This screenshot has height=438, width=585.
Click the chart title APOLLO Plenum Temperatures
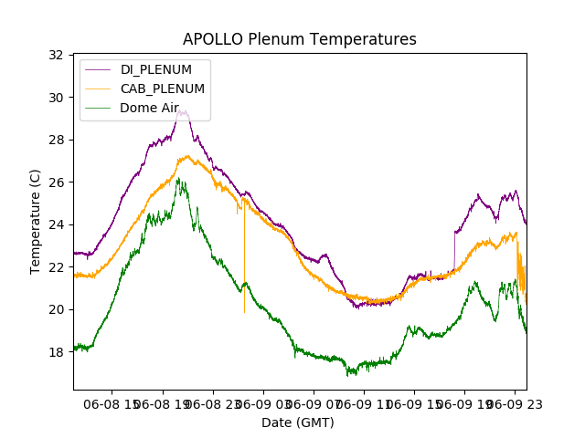299,39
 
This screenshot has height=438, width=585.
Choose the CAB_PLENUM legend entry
163,89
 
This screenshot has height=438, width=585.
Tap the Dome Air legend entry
149,108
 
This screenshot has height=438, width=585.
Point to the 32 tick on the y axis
56,55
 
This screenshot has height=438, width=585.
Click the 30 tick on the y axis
56,98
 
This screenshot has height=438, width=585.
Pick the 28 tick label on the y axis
56,140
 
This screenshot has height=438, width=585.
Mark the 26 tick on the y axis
56,182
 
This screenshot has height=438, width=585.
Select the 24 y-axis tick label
56,224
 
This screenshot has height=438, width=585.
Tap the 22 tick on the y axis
56,267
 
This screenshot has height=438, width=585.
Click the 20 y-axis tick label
56,309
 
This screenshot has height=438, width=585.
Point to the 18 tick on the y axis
56,352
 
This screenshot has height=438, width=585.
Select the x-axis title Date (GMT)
298,422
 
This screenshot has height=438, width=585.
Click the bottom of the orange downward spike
244,312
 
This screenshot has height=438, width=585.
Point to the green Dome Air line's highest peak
178,179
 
